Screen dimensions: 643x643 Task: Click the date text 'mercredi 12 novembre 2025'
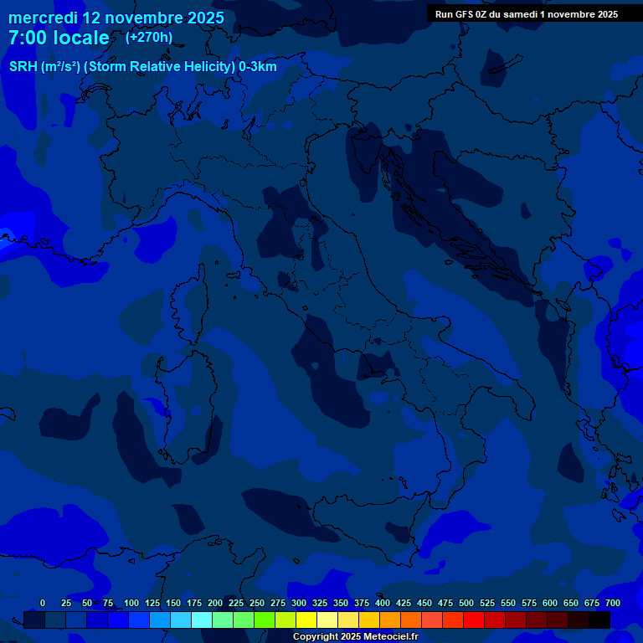116,18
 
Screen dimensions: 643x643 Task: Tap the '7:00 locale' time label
59,38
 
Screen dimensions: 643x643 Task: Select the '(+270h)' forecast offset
149,37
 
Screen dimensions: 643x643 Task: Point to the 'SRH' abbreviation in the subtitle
23,67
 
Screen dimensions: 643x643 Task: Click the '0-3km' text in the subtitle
258,67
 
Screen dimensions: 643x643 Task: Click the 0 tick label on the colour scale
43,603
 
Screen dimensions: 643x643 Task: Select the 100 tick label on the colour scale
131,603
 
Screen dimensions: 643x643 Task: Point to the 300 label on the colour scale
299,603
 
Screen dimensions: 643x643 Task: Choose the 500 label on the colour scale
466,603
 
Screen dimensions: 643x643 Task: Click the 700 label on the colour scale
613,603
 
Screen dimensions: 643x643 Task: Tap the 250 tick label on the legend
257,603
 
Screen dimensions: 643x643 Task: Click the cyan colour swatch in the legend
202,620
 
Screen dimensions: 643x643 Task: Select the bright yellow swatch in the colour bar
306,620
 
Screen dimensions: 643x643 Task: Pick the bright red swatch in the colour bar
474,620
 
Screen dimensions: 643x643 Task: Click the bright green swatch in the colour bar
265,620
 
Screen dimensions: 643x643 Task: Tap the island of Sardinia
188,402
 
